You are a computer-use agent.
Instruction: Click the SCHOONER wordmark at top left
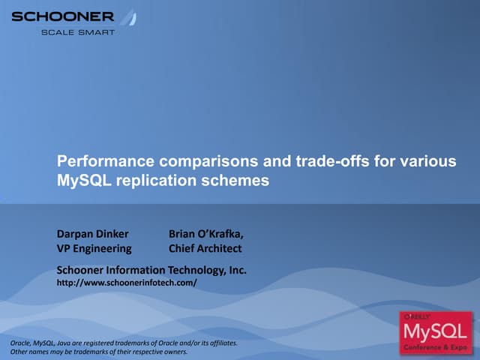coord(63,16)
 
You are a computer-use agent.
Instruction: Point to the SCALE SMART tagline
coord(78,32)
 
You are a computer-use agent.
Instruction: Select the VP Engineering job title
coord(94,248)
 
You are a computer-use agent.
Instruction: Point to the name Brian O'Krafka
coord(206,233)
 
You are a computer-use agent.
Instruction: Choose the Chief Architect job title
coord(205,248)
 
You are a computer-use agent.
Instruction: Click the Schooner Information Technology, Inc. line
coord(152,269)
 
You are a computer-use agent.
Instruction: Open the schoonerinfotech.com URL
coord(127,283)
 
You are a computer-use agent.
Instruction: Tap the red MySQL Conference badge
coord(436,331)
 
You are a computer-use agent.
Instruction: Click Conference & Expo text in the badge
coord(436,347)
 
